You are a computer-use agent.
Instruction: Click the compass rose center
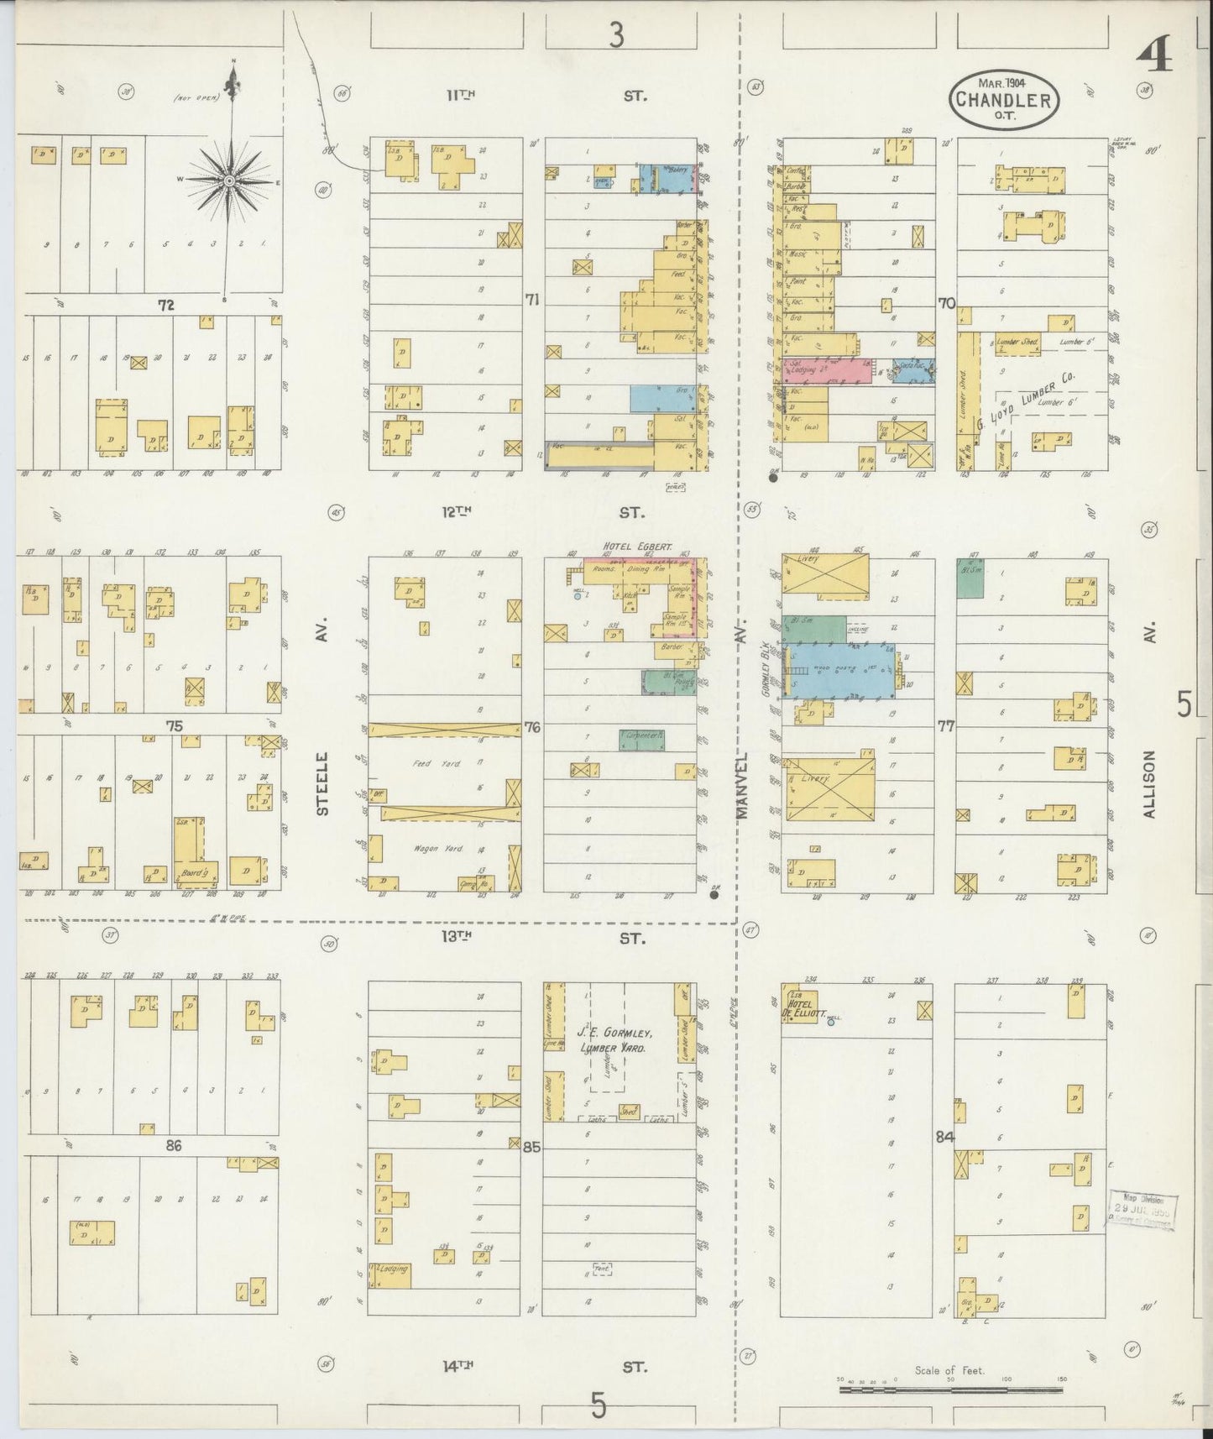click(228, 181)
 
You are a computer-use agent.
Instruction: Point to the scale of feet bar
click(950, 1389)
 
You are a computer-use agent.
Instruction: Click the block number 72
click(166, 306)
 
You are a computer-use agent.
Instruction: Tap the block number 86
click(173, 1145)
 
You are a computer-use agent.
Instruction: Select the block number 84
click(945, 1138)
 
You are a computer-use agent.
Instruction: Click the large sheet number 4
click(1154, 59)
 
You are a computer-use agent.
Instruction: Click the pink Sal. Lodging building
click(826, 370)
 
